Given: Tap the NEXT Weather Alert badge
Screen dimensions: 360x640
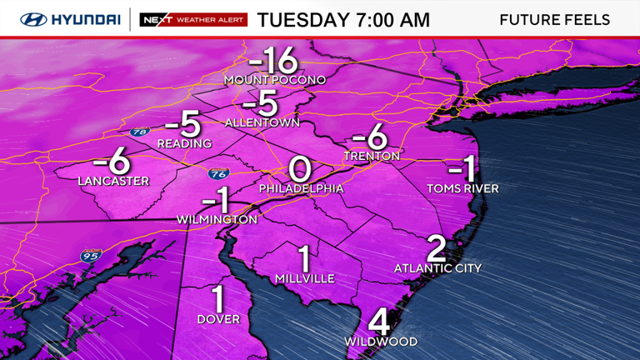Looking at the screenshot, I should pyautogui.click(x=193, y=19).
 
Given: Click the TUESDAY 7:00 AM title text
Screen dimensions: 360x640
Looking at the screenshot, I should pyautogui.click(x=343, y=19).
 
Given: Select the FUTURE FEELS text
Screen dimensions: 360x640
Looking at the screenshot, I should pyautogui.click(x=554, y=19).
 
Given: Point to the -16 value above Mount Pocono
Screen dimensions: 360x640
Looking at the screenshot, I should pyautogui.click(x=272, y=60).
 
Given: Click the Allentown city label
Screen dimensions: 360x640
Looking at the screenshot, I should pyautogui.click(x=262, y=122).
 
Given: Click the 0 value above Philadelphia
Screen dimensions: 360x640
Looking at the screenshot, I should pyautogui.click(x=300, y=169).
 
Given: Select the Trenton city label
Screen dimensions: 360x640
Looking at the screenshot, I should pyautogui.click(x=372, y=156).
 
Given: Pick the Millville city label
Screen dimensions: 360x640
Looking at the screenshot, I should pyautogui.click(x=305, y=278).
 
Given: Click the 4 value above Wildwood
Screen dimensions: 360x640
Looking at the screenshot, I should pyautogui.click(x=379, y=322).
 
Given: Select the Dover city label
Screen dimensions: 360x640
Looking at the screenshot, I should pyautogui.click(x=218, y=319).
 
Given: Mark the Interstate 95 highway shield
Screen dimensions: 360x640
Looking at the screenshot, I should pyautogui.click(x=90, y=255).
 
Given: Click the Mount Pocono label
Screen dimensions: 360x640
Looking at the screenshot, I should pyautogui.click(x=273, y=80).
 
